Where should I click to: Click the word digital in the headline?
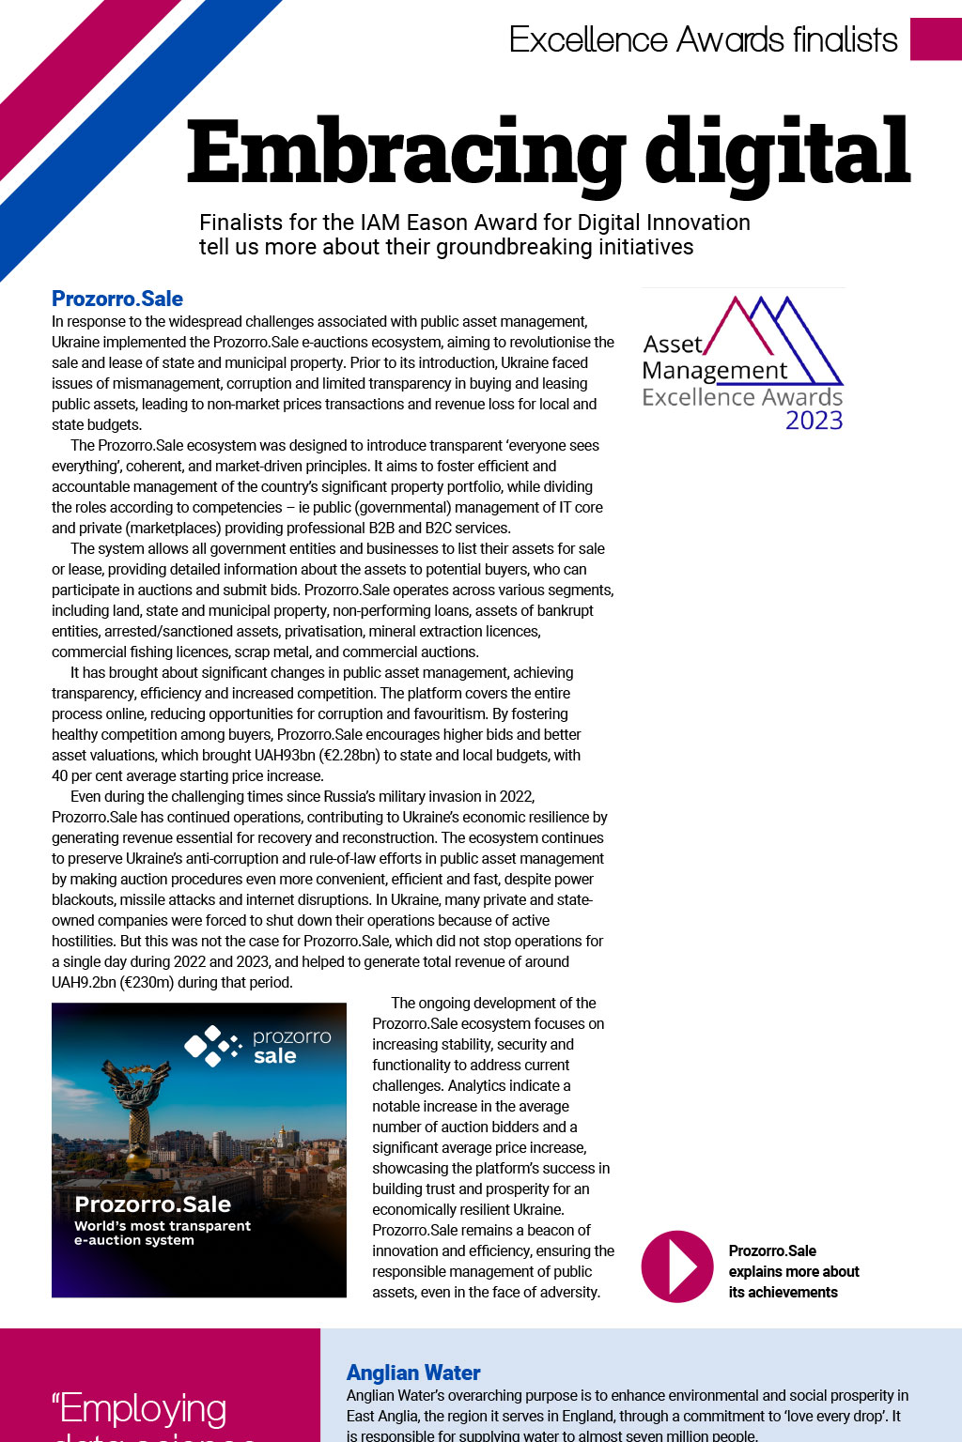[x=778, y=152]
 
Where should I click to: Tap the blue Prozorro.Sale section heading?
[x=117, y=299]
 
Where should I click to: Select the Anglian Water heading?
[x=413, y=1373]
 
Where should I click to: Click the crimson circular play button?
[x=677, y=1266]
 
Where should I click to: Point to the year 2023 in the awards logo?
[x=814, y=421]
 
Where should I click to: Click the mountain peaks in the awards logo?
[x=770, y=329]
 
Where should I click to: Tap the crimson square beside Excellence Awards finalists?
[x=936, y=38]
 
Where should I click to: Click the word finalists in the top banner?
[x=845, y=39]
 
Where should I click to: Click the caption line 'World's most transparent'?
[x=163, y=1225]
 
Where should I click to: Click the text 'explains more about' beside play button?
[x=794, y=1271]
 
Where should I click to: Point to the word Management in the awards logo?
[x=715, y=371]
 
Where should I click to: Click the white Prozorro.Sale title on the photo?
[x=152, y=1204]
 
